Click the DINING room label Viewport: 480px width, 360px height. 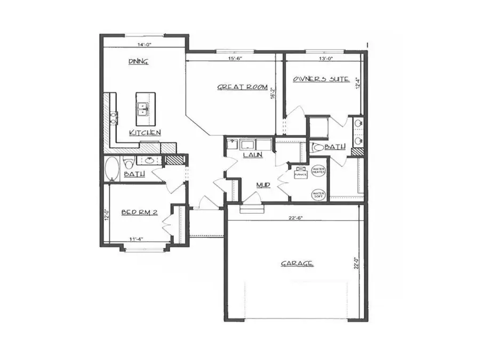tap(138, 61)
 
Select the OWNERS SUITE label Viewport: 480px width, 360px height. tap(321, 79)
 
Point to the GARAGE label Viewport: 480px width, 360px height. tap(297, 263)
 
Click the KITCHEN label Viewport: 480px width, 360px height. tap(145, 132)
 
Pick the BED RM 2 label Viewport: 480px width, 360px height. tap(138, 212)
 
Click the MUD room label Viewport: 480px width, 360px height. tap(262, 185)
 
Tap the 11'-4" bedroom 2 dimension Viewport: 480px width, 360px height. tap(136, 239)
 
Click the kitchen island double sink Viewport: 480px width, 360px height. tap(142, 109)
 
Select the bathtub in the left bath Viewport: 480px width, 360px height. tap(113, 169)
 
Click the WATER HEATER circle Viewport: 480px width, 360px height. tap(319, 171)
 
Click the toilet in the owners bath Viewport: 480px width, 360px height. tap(318, 147)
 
